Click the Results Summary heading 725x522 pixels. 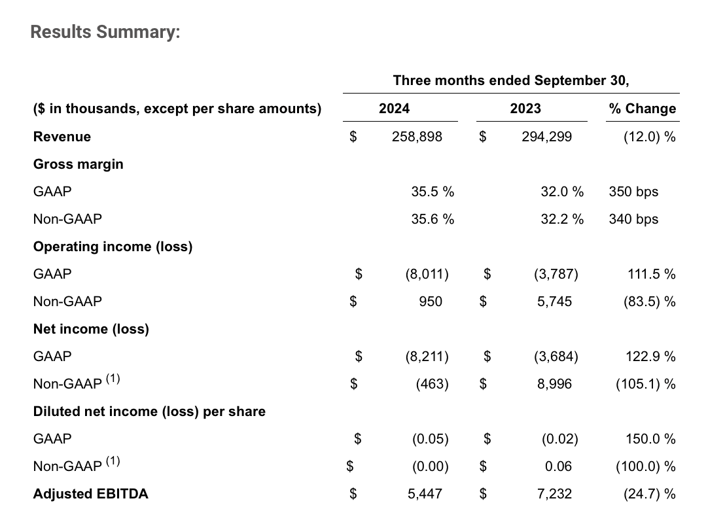coord(105,32)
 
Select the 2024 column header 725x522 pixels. coord(394,109)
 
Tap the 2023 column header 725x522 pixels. coord(525,109)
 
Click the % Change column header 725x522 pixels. coord(642,109)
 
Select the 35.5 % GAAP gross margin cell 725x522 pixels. coord(433,192)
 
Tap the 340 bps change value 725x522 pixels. coord(633,219)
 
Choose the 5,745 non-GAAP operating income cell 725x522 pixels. coord(554,302)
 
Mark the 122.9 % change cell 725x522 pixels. coord(650,357)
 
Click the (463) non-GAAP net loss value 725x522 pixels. coord(432,384)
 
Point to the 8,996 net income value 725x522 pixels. coord(554,384)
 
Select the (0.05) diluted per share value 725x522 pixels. coord(430,439)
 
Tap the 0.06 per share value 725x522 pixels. coord(557,466)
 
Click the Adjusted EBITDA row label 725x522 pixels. coord(90,494)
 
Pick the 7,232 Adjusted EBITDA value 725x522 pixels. coord(554,494)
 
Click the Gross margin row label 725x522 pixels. coord(78,164)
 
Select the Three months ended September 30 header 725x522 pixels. coord(510,80)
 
